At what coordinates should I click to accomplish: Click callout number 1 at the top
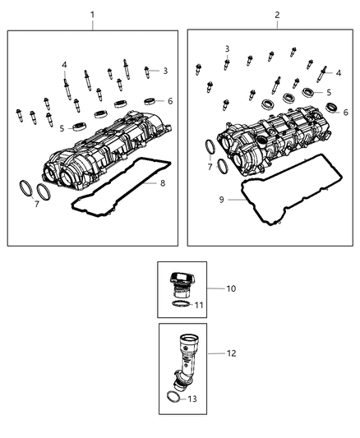click(x=92, y=15)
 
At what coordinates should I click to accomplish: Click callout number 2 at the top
click(x=277, y=15)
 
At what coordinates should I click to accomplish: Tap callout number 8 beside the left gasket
click(x=163, y=182)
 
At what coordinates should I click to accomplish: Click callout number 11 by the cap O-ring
click(x=197, y=305)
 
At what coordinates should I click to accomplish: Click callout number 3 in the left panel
click(x=164, y=71)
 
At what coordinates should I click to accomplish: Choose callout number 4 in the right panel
click(x=339, y=72)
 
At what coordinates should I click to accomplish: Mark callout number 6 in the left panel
click(x=169, y=101)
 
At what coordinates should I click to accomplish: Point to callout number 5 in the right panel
click(x=329, y=93)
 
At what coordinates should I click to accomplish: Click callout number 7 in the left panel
click(x=36, y=204)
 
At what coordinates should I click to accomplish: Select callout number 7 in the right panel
click(x=210, y=167)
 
